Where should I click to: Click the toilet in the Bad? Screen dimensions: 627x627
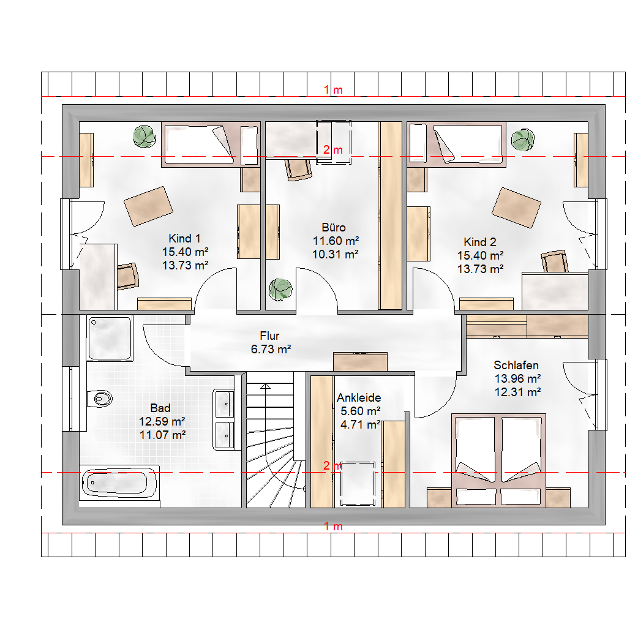(x=100, y=398)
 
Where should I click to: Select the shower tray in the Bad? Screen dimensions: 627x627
(x=110, y=338)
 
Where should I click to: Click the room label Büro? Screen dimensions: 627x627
(x=334, y=228)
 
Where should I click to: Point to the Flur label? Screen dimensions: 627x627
(x=269, y=336)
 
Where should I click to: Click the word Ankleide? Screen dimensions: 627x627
(x=359, y=397)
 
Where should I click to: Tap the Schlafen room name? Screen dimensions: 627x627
(x=516, y=365)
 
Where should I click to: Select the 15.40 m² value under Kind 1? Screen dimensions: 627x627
(x=185, y=252)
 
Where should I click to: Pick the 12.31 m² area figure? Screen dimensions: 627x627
(x=518, y=392)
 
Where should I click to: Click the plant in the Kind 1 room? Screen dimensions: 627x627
(x=145, y=137)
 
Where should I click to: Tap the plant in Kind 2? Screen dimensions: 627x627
(x=523, y=140)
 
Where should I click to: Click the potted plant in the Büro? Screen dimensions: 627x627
(x=280, y=290)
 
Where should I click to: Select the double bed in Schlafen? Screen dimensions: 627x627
(x=498, y=460)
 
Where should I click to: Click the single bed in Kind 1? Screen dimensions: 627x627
(x=211, y=145)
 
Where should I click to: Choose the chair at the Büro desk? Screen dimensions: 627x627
(x=298, y=170)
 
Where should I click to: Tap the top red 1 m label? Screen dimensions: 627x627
(x=333, y=90)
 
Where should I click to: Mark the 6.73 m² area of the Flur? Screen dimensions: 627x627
(x=271, y=349)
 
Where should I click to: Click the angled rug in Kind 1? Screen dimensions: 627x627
(x=148, y=206)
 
